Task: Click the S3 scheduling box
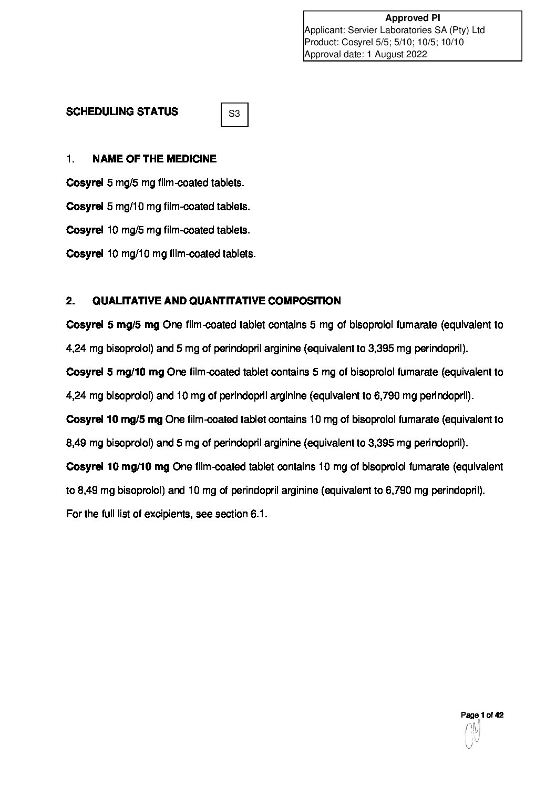point(234,115)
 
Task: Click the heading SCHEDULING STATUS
point(122,111)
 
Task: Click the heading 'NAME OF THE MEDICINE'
point(154,159)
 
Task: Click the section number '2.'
point(71,301)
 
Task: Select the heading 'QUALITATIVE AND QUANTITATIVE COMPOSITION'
point(217,301)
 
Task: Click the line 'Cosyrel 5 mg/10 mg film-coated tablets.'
point(158,207)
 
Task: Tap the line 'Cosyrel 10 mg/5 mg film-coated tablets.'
point(158,230)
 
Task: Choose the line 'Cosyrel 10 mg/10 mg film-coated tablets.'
point(161,254)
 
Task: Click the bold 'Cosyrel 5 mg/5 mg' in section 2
point(112,325)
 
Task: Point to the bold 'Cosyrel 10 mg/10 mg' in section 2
point(118,467)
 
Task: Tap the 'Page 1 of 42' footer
point(482,715)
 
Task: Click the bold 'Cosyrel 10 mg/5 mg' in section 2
point(115,420)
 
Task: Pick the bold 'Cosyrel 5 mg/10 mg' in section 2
point(115,372)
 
